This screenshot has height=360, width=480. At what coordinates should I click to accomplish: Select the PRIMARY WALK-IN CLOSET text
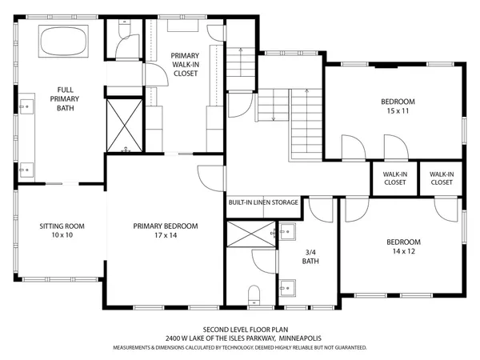point(185,64)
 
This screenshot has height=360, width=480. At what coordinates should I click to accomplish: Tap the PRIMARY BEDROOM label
point(166,226)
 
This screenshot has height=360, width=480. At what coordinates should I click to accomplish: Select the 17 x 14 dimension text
point(166,236)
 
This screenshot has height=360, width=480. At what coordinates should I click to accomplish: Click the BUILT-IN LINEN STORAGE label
point(263,202)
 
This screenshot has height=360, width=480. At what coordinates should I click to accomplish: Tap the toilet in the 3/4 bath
point(254,294)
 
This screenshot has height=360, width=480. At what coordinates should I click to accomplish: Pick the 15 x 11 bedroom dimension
point(398,111)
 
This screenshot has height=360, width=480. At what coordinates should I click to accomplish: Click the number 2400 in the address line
point(174,338)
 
